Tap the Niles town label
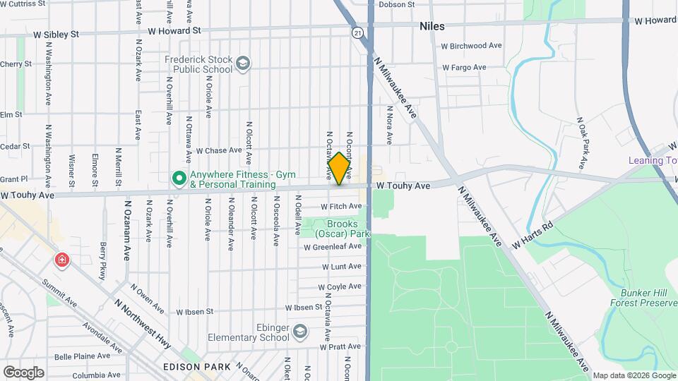pos(432,26)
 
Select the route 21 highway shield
pos(359,33)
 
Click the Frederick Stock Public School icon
pos(243,64)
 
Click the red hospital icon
pos(63,260)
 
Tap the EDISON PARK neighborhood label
pos(196,368)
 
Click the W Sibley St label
pos(55,33)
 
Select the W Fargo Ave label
pos(464,68)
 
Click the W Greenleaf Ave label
pos(332,247)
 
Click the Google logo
pos(23,372)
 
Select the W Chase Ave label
pos(219,150)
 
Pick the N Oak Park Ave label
pos(582,143)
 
